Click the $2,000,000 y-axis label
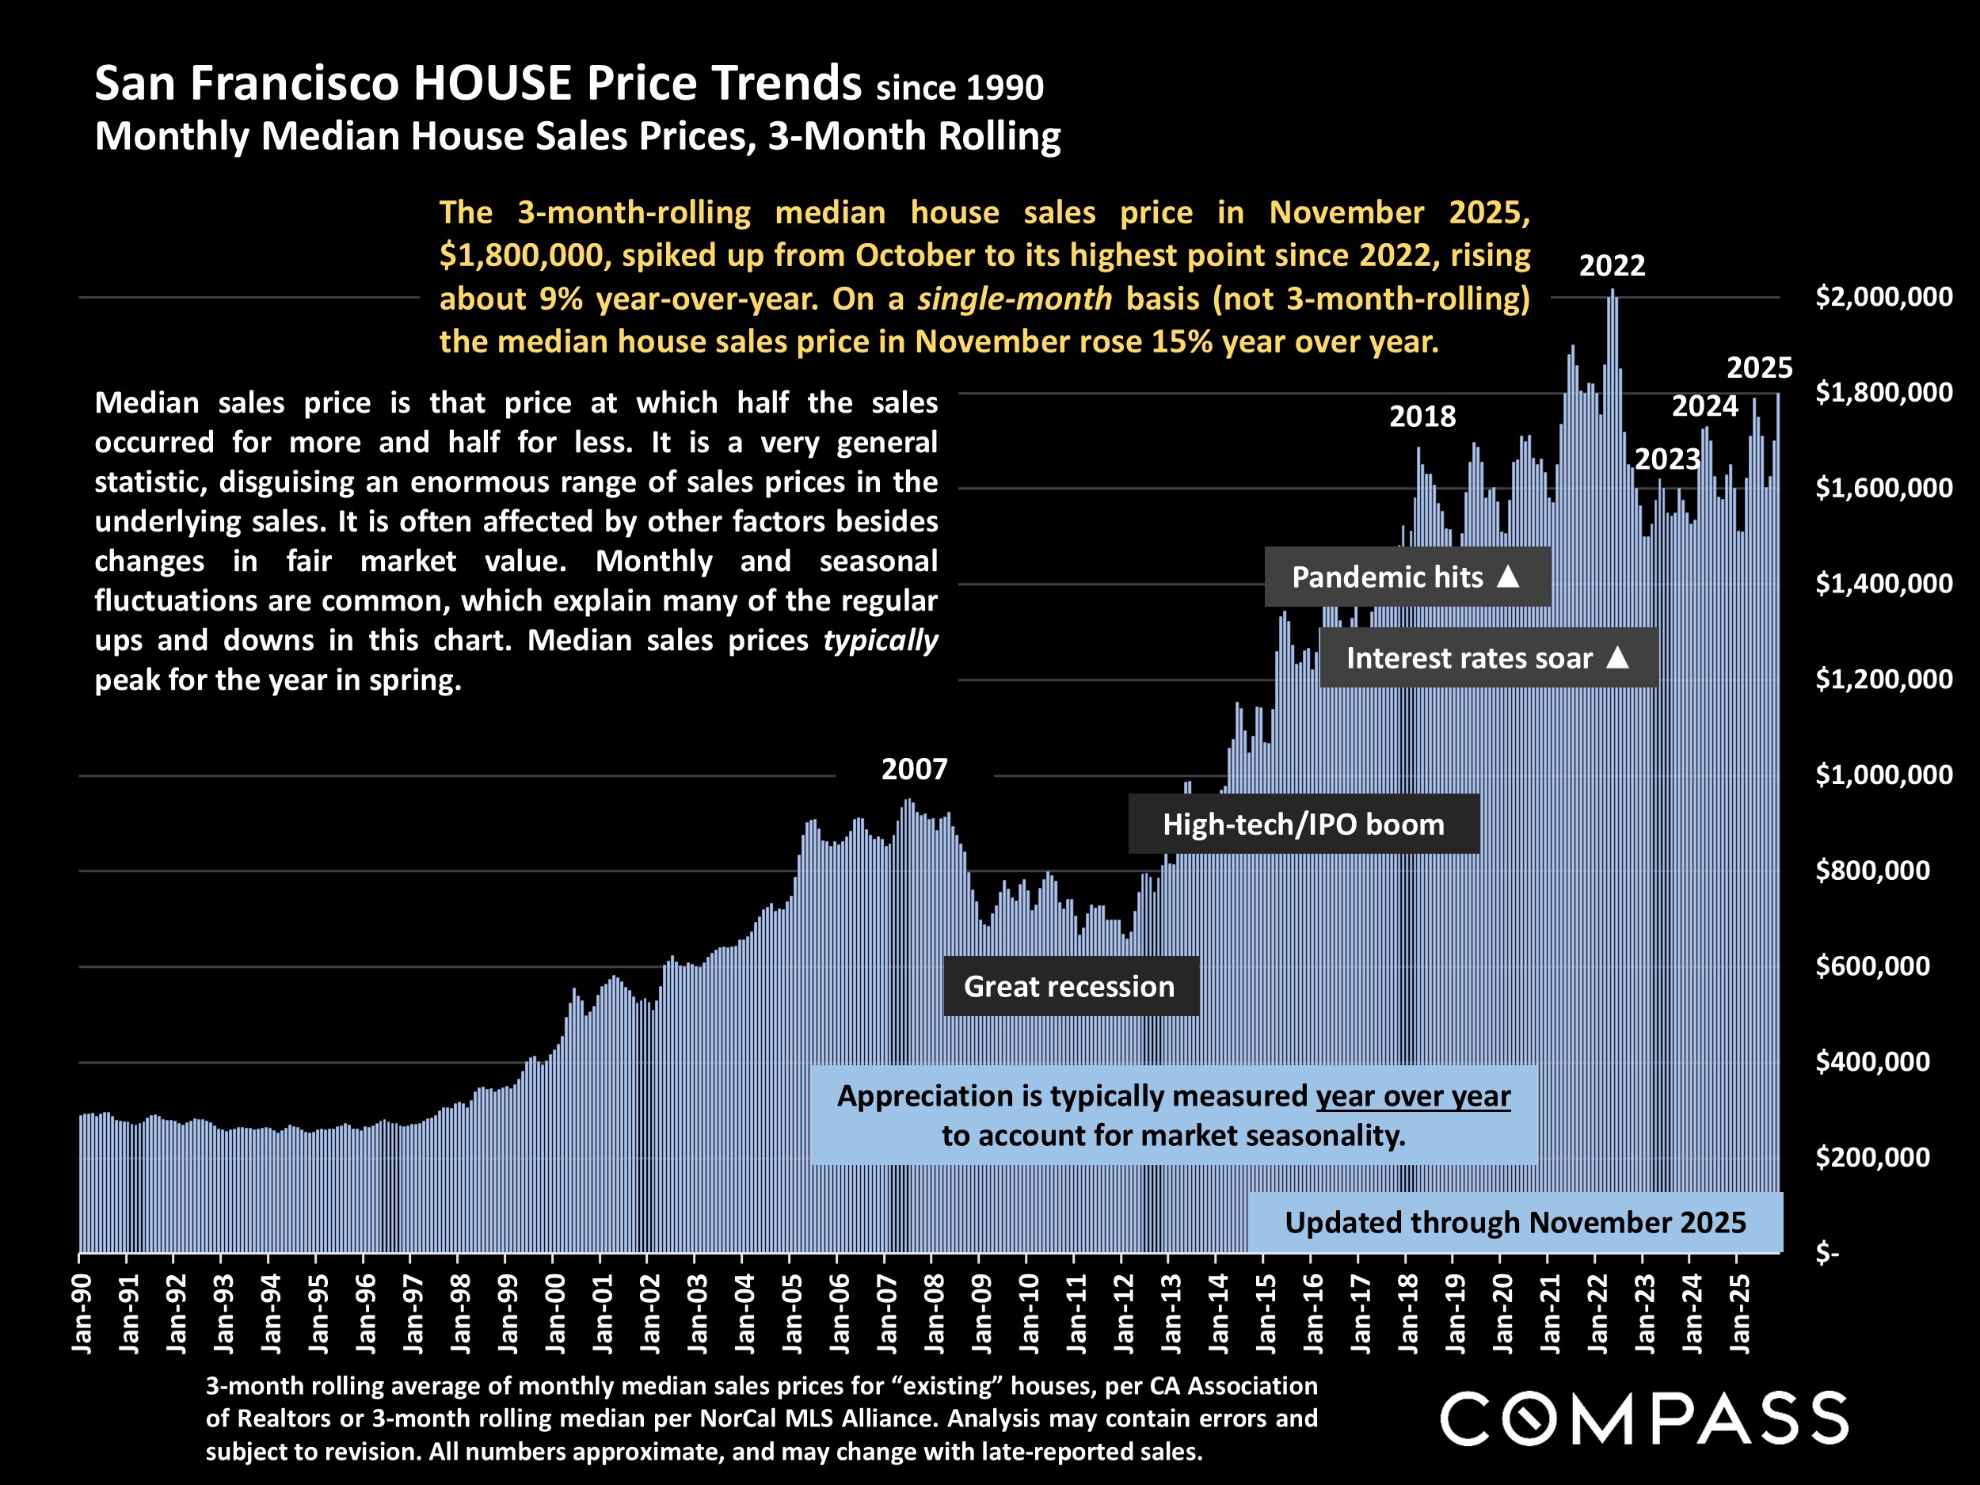pyautogui.click(x=1883, y=296)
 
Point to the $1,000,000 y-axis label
pyautogui.click(x=1883, y=775)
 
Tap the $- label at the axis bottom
pyautogui.click(x=1826, y=1253)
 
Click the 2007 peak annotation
pyautogui.click(x=914, y=769)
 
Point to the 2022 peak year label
pyautogui.click(x=1611, y=265)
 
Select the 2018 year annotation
pyautogui.click(x=1422, y=417)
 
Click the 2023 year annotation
pyautogui.click(x=1666, y=459)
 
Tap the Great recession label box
pyautogui.click(x=1070, y=986)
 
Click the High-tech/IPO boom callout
pyautogui.click(x=1304, y=824)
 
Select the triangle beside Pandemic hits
pyautogui.click(x=1508, y=577)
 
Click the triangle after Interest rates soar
pyautogui.click(x=1617, y=658)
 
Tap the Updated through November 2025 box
pyautogui.click(x=1514, y=1223)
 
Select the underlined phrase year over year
pyautogui.click(x=1412, y=1096)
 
